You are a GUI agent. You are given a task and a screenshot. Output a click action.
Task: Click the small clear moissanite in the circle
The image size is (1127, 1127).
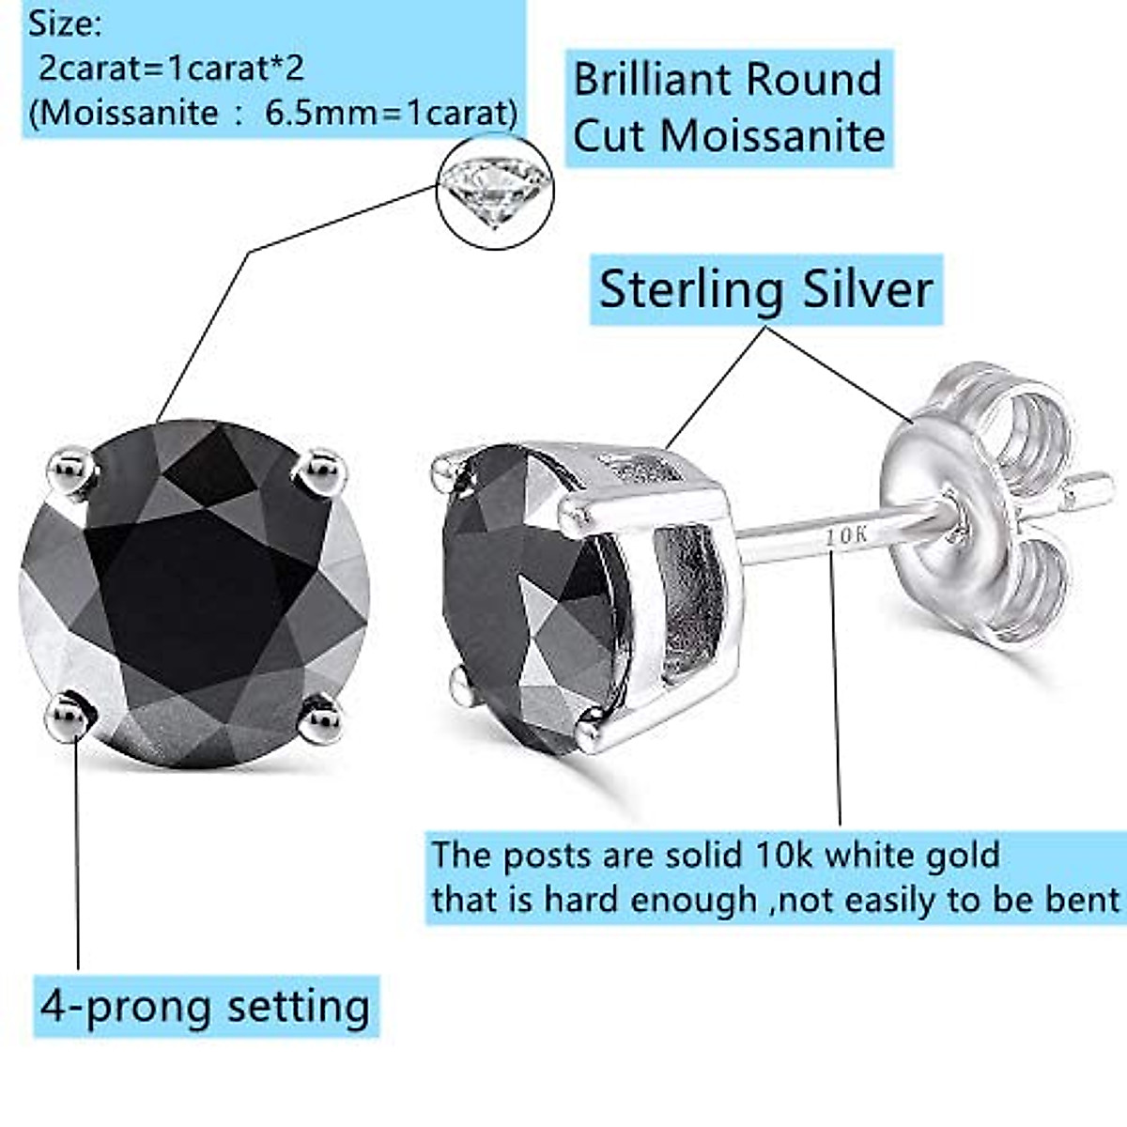coord(496,192)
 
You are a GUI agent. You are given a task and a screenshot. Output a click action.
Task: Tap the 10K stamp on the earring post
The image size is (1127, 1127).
coord(849,534)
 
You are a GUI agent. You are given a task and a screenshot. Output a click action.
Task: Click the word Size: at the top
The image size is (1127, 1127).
coord(65,24)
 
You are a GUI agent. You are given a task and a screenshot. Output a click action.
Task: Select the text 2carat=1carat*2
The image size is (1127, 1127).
coord(171,68)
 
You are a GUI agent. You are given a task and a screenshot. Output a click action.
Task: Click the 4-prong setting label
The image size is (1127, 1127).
coord(205,1006)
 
